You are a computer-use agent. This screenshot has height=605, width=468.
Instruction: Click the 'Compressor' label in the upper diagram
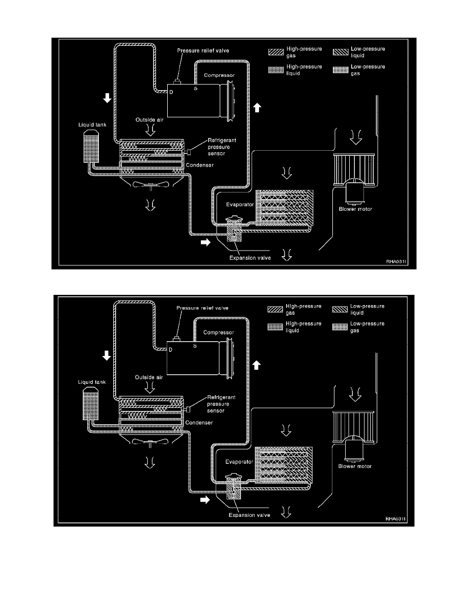[x=219, y=75]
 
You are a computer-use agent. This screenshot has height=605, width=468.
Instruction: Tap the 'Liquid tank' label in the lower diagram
[x=92, y=382]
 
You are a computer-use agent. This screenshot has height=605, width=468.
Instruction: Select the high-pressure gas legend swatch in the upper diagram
[x=276, y=52]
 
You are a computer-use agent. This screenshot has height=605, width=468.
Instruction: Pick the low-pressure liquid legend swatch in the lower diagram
[x=340, y=309]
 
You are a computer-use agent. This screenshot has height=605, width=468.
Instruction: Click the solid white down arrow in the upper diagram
[x=108, y=98]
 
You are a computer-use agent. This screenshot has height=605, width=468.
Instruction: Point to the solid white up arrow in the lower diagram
[x=257, y=365]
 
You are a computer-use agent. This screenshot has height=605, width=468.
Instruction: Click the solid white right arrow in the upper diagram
[x=205, y=242]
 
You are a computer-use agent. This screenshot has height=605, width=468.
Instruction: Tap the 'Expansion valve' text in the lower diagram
[x=249, y=515]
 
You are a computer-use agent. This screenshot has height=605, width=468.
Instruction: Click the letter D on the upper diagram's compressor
[x=171, y=92]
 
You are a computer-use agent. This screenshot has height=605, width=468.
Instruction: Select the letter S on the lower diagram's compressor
[x=195, y=346]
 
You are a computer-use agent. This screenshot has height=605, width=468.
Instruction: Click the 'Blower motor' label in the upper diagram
[x=355, y=209]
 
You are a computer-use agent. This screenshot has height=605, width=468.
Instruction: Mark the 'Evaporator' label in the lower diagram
[x=239, y=462]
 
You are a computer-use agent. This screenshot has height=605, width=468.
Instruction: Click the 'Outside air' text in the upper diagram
[x=149, y=120]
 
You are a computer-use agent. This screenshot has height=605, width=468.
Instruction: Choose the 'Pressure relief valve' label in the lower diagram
[x=202, y=308]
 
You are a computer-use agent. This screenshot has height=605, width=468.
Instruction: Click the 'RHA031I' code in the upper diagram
[x=396, y=262]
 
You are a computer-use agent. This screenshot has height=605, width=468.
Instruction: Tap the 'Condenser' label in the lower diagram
[x=199, y=423]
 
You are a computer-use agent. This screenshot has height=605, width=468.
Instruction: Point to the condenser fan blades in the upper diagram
[x=150, y=185]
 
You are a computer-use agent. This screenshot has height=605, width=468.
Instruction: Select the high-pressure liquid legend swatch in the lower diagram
[x=275, y=327]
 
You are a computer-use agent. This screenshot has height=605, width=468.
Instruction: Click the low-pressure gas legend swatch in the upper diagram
[x=341, y=70]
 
